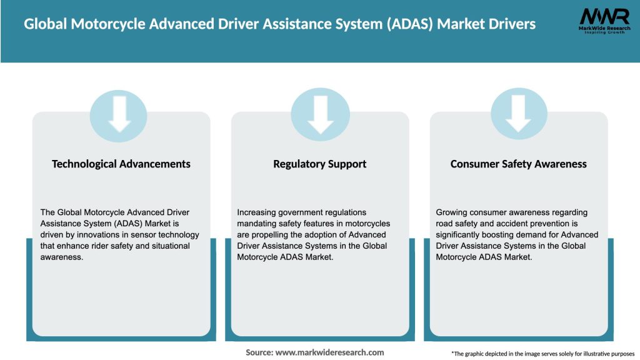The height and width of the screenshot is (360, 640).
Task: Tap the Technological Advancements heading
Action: point(121,164)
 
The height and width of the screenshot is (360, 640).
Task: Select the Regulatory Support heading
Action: point(320,164)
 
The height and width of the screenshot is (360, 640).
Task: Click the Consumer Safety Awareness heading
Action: point(519,164)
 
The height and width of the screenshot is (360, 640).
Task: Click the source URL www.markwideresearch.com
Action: point(329,352)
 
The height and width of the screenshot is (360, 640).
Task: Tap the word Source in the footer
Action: point(259,352)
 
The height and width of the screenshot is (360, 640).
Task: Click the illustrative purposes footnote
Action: point(542,354)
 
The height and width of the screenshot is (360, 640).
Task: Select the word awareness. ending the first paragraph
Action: point(62,257)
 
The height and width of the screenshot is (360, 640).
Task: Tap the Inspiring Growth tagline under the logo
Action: point(604,32)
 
